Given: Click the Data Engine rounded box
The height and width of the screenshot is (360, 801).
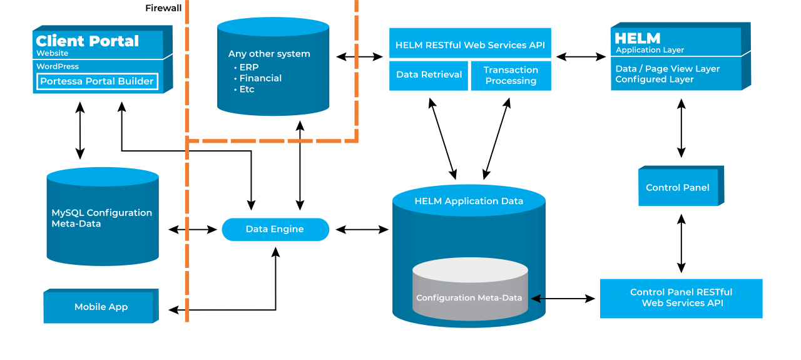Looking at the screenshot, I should click(275, 229).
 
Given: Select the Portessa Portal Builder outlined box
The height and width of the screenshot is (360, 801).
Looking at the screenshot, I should click(96, 81).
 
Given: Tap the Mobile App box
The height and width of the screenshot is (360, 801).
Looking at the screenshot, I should click(101, 307).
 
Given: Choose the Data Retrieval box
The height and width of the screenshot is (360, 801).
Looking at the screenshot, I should click(429, 75).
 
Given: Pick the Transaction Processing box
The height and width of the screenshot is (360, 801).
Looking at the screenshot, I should click(511, 75).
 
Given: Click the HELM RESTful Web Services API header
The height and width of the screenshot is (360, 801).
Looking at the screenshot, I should click(470, 45).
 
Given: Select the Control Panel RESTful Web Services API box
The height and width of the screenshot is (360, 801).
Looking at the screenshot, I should click(681, 297).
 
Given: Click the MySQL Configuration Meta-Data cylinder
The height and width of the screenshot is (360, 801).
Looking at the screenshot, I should click(102, 219).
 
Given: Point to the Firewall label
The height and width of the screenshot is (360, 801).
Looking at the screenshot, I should click(163, 8).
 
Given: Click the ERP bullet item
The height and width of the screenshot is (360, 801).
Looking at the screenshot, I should click(248, 67).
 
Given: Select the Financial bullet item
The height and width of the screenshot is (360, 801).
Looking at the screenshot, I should click(260, 78).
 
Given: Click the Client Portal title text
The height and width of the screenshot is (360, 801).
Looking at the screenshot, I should click(88, 41).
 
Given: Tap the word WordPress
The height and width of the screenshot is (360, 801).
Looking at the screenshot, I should click(58, 66).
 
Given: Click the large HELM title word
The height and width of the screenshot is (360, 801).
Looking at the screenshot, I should click(637, 38).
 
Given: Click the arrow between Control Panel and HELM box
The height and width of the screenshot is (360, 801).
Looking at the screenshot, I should click(681, 130).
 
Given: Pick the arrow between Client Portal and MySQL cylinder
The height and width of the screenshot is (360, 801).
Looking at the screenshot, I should click(80, 130).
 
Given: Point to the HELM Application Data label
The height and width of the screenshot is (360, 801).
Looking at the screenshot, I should click(469, 201).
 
